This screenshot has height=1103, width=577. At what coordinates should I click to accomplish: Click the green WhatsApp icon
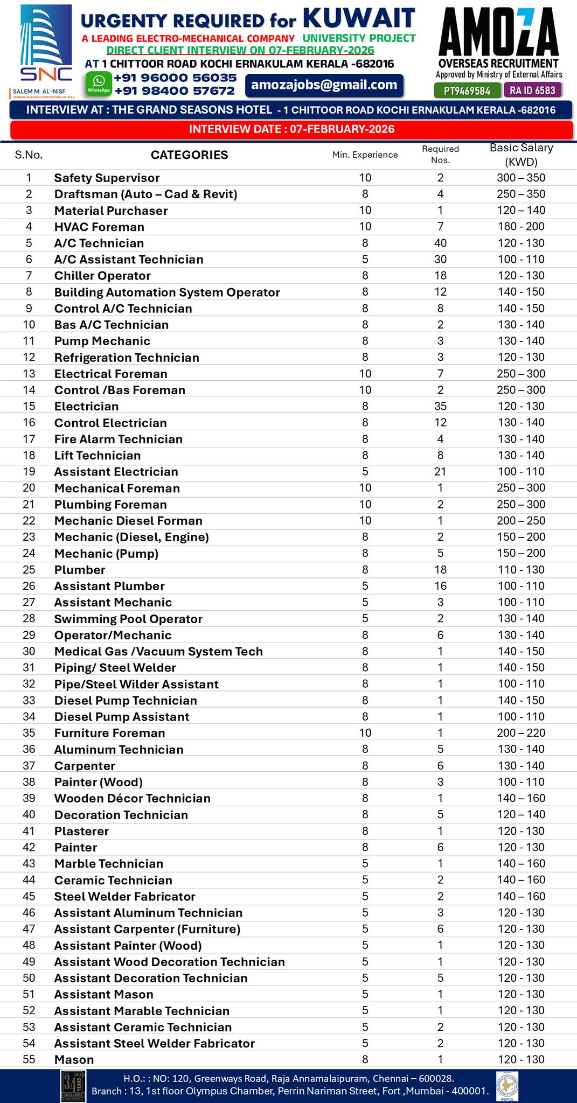pos(99,83)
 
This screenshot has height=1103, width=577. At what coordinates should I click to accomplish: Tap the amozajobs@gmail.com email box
pos(324,85)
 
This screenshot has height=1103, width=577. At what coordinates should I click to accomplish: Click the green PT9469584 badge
pos(467,90)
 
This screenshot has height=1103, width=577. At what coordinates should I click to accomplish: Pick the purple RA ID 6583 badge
pos(533,90)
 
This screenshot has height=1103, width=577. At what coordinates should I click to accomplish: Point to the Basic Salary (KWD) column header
pos(521,155)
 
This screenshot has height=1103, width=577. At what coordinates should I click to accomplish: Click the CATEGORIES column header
pos(189,155)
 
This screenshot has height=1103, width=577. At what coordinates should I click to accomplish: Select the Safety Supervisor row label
pos(107,178)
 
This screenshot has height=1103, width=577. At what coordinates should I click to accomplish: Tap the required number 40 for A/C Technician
pos(440,243)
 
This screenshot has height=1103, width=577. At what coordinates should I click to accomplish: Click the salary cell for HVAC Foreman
pos(521,227)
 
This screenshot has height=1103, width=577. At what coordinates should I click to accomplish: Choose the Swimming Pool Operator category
pos(128,619)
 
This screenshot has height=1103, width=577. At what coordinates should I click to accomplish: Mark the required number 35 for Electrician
pos(440,406)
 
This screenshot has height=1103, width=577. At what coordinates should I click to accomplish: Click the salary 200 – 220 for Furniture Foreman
pos(521,732)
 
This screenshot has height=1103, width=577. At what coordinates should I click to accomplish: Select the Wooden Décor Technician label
pos(132,798)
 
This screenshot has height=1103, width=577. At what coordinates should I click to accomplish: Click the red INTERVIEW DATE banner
pos(291,129)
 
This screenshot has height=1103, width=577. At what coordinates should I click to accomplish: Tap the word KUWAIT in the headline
pos(359,18)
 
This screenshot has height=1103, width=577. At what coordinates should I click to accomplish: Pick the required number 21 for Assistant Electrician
pos(440,471)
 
